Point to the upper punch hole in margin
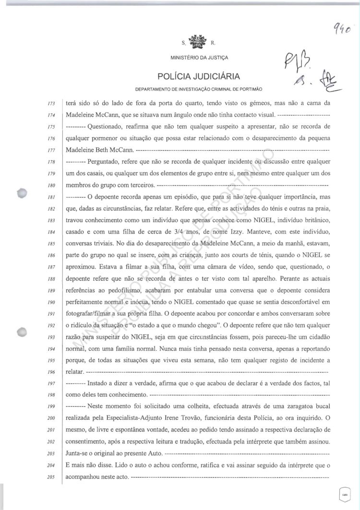tap(21, 194)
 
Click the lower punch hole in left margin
tap(21, 332)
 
